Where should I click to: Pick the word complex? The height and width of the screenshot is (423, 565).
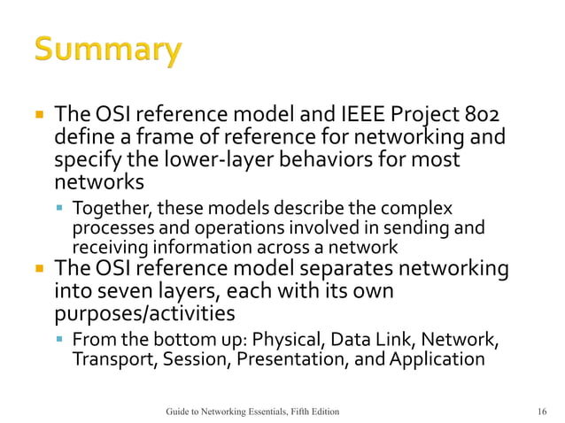pos(422,209)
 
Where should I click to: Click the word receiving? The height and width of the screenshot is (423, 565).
pos(110,247)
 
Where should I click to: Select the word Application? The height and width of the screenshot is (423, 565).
pos(436,359)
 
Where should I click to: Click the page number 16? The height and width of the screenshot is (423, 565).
pos(541,411)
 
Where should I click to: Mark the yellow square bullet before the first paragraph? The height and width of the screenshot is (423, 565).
pos(38,116)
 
